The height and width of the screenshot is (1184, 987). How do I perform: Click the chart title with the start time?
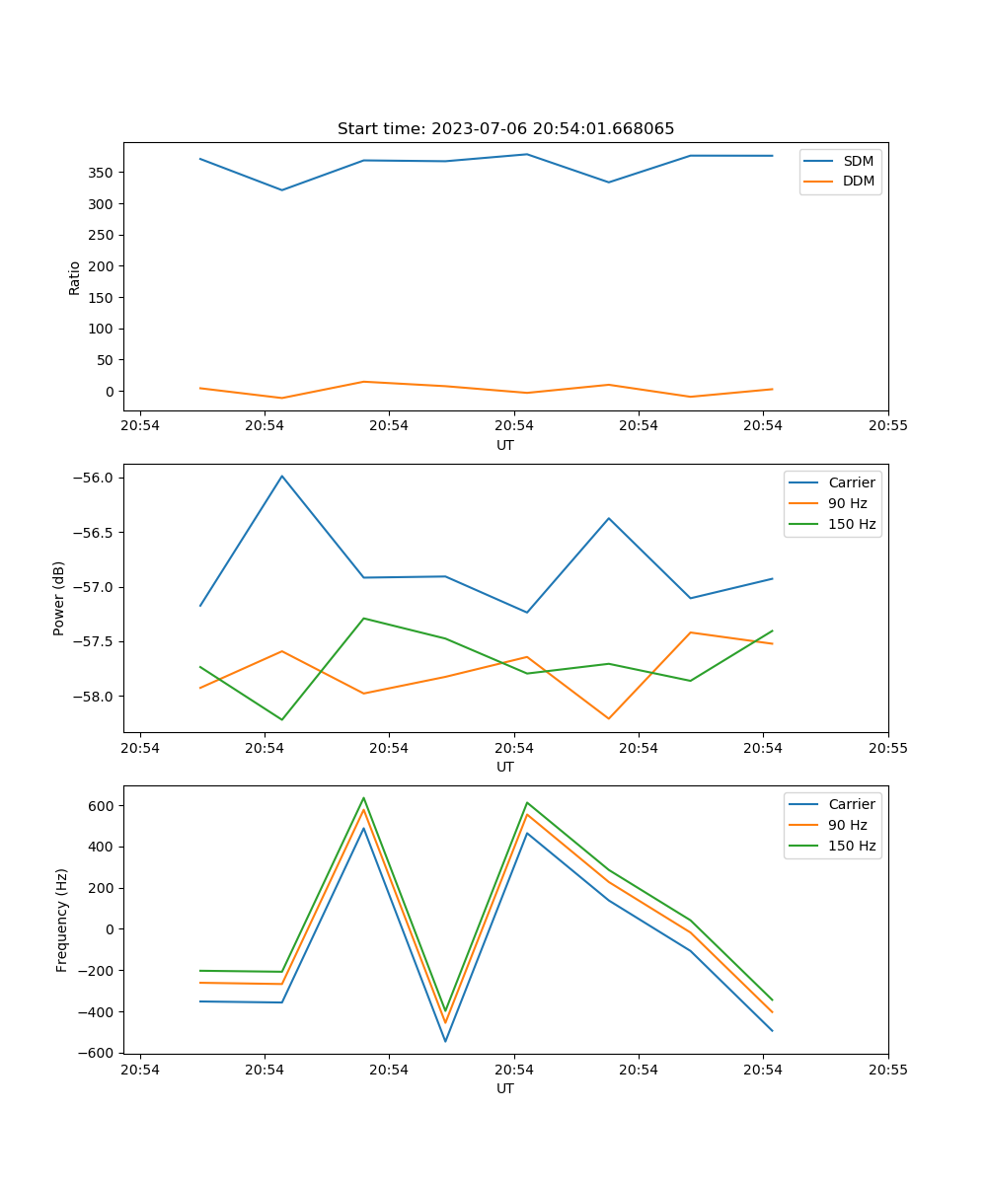[505, 129]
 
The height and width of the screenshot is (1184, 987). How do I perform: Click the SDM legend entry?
[858, 161]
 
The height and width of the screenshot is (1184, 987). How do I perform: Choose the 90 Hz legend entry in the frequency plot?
[847, 825]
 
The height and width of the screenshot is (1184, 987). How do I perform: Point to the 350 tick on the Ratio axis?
[103, 173]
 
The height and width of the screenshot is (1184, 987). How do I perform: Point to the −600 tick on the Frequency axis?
[99, 1053]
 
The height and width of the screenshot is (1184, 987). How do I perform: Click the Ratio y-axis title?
[75, 277]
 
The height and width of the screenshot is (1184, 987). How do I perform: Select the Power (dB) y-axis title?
[59, 598]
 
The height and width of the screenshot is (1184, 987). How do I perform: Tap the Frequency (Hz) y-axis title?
[62, 920]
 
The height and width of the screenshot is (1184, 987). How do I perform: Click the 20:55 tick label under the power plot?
[887, 749]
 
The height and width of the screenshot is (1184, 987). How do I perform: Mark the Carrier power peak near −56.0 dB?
[282, 477]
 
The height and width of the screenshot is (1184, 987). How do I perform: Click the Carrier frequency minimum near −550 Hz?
[445, 1041]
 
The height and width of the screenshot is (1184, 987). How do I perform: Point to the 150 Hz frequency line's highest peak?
[363, 798]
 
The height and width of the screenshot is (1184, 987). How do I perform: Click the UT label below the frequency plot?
[505, 1088]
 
